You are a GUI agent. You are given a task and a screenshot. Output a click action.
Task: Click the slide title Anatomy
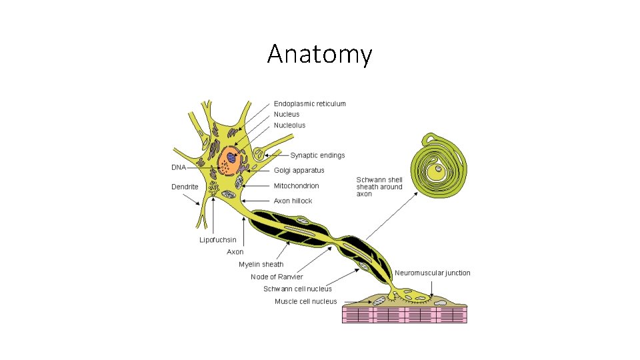pos(319,54)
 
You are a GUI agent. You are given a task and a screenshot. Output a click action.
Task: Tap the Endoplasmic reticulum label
pos(310,103)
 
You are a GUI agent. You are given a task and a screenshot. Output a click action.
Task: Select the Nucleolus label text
pos(290,125)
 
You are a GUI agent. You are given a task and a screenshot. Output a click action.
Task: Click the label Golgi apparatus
pos(299,171)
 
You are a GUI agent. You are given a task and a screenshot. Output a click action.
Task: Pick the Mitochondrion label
pos(297,186)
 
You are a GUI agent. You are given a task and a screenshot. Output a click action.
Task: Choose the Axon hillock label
pos(293,201)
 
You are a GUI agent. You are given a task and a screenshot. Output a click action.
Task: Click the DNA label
pos(179,167)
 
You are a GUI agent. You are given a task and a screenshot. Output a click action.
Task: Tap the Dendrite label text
pos(185,187)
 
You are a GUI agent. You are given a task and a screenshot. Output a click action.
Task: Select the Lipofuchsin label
pos(217,240)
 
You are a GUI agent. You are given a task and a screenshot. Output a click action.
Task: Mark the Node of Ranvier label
pos(277,277)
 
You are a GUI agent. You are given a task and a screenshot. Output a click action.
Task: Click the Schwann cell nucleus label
pos(297,289)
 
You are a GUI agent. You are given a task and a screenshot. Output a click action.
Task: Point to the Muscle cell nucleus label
pos(306,301)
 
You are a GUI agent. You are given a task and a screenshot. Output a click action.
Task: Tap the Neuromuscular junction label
pos(433,273)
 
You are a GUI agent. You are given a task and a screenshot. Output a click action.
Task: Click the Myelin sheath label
pos(261,265)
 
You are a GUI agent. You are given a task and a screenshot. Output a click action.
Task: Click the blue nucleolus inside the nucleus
pos(231,157)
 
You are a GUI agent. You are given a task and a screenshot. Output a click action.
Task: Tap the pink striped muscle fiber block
pos(405,315)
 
